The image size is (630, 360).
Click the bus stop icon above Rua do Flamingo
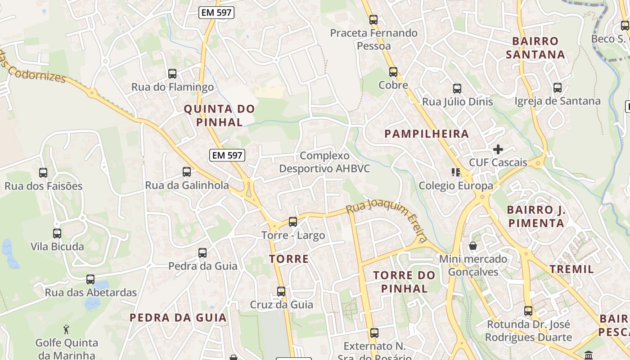click(172, 73)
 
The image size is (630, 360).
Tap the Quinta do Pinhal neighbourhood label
click(219, 115)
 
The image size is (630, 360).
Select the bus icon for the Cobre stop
click(393, 72)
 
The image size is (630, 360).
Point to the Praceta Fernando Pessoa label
click(373, 39)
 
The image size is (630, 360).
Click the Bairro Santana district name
click(535, 48)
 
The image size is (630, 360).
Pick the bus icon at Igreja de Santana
click(558, 88)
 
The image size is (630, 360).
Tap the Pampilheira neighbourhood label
click(427, 134)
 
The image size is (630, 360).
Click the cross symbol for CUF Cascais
click(498, 149)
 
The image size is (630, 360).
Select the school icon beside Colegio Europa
click(456, 172)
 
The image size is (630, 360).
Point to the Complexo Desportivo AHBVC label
click(324, 162)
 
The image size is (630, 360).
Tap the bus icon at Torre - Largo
click(293, 221)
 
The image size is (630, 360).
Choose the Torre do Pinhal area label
click(404, 282)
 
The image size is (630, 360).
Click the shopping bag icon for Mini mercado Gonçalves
click(473, 246)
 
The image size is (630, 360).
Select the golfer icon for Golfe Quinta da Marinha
click(67, 329)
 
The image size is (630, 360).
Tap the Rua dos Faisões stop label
click(44, 186)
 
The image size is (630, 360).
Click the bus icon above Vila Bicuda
click(57, 234)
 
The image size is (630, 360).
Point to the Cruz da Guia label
click(282, 305)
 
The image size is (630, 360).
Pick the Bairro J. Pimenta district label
click(535, 216)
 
